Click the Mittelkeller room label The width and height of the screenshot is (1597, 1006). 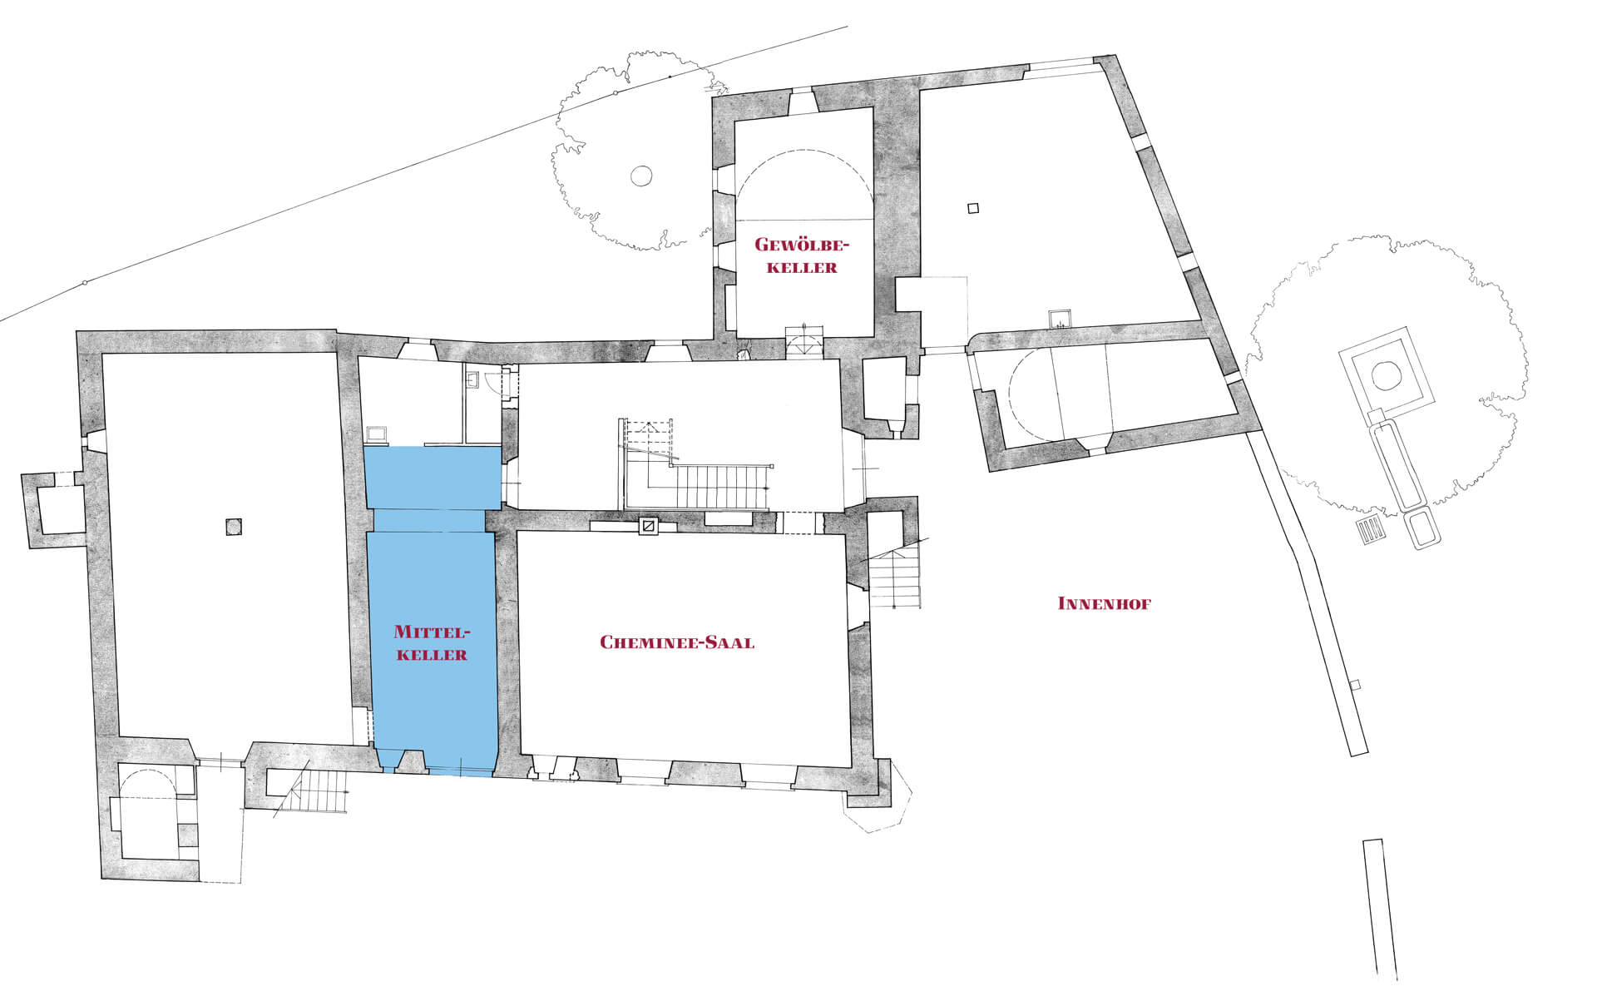point(431,642)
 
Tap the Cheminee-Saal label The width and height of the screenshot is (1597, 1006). point(677,642)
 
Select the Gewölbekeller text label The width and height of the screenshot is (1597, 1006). point(801,255)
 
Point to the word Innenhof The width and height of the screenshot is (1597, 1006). point(1104,603)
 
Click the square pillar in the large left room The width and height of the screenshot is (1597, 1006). point(234,527)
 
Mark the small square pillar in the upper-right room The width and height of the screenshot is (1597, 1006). point(974,208)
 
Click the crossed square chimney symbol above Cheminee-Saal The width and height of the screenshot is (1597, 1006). point(648,526)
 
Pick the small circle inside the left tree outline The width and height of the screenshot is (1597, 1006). point(640,176)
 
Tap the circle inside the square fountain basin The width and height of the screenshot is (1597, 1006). point(1386,375)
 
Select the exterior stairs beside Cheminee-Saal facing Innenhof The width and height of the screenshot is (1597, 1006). point(895,574)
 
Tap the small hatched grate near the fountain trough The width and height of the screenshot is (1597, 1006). point(1371,529)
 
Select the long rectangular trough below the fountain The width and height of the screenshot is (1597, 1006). point(1397,466)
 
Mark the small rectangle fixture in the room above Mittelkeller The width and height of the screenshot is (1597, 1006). point(377,434)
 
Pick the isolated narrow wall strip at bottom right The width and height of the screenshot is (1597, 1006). point(1380,909)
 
